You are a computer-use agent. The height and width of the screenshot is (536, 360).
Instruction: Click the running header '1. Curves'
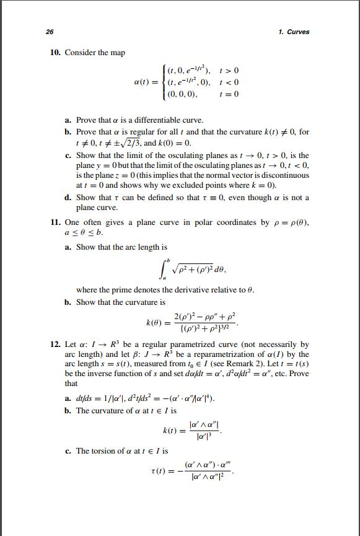click(x=294, y=32)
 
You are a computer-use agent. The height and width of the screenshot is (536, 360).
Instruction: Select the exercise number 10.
click(x=55, y=53)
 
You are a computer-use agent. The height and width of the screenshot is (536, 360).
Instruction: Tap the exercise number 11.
click(x=55, y=222)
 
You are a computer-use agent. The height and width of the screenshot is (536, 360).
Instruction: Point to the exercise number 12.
click(x=55, y=344)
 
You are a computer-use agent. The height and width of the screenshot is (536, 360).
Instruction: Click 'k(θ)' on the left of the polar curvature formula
click(x=154, y=323)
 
